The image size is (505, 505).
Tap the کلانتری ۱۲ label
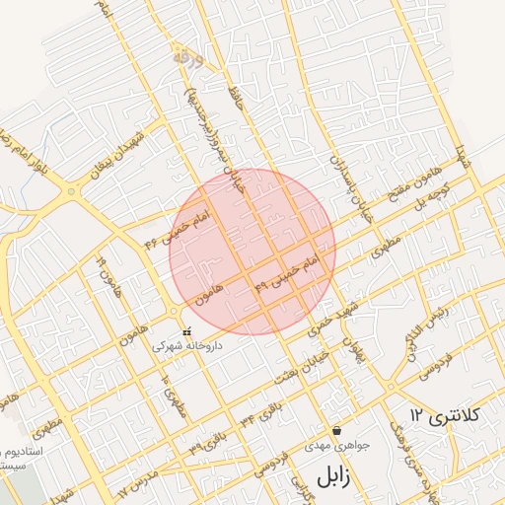point(443,415)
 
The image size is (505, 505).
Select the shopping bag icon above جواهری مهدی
point(338,430)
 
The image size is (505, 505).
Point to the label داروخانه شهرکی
point(187,347)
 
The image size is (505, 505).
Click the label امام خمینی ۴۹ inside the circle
point(287,274)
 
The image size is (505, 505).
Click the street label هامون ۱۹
point(102,274)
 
